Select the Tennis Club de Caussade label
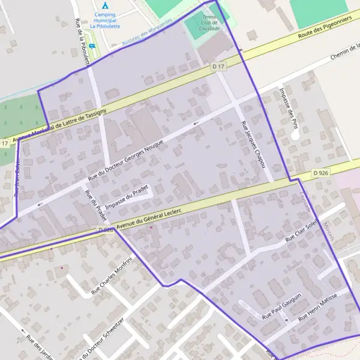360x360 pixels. pos(211,23)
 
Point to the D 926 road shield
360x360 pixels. pos(320,173)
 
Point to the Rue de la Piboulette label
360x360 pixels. pos(82,41)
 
